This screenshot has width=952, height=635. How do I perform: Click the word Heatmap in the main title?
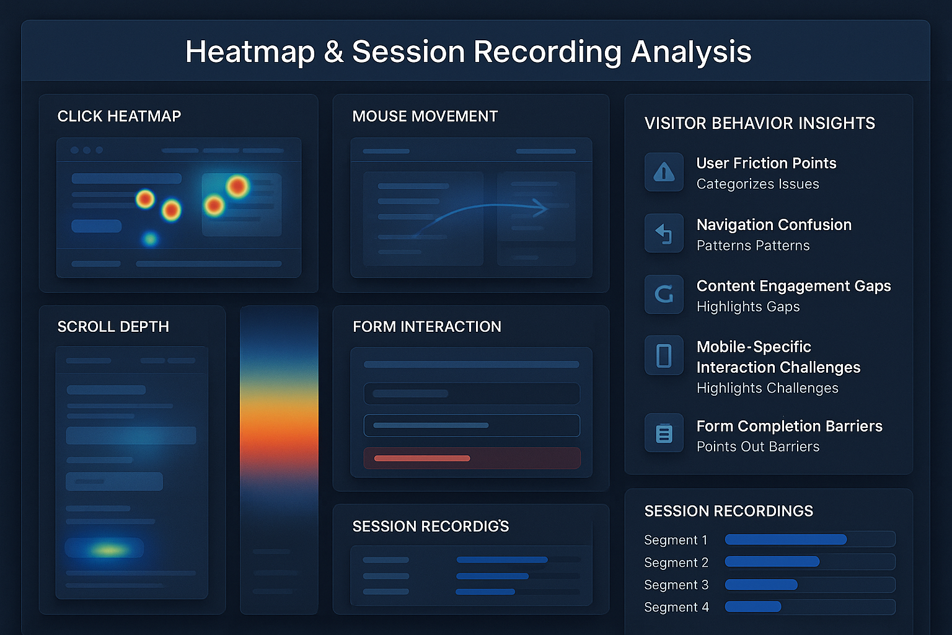[250, 52]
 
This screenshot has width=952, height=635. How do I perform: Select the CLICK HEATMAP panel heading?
[119, 117]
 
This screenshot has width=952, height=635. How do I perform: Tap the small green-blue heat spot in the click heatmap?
[149, 239]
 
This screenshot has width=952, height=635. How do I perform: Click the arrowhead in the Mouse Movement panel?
[540, 208]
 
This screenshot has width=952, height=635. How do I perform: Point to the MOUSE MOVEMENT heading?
[425, 117]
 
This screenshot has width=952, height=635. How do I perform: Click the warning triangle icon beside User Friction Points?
[664, 172]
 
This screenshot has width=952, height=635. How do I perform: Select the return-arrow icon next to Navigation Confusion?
[664, 233]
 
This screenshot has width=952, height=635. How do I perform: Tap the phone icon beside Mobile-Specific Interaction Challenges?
[664, 356]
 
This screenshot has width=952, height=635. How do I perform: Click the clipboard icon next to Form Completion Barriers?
[664, 433]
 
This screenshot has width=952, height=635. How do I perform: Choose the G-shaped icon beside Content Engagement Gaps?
[664, 294]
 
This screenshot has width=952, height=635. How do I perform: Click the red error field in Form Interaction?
[472, 458]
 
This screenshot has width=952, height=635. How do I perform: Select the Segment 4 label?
[676, 607]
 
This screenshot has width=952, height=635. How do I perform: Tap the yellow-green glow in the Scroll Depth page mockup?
[109, 549]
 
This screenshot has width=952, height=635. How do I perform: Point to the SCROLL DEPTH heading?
[113, 327]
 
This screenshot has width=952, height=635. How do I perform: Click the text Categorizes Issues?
[757, 184]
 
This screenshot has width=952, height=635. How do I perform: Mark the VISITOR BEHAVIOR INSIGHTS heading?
[759, 123]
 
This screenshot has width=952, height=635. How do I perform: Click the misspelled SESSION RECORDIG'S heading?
[430, 526]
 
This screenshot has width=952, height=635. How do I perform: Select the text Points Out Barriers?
[757, 447]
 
